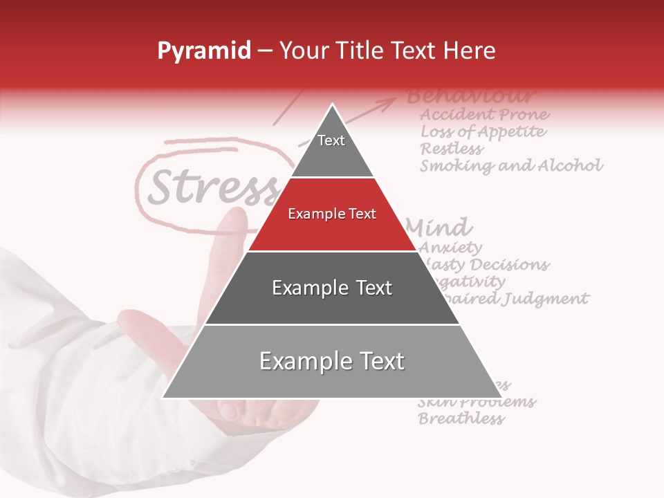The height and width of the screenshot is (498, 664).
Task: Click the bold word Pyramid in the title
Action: [x=203, y=50]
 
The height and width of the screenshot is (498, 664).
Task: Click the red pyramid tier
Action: [x=332, y=214]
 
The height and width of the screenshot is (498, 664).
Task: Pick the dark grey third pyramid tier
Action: [x=332, y=288]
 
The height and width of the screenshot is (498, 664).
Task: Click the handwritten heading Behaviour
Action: [x=470, y=95]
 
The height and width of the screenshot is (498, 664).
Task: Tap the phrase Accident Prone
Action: [x=485, y=114]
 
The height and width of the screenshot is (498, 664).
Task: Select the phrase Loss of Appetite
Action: [x=483, y=131]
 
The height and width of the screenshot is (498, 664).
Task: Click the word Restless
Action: [x=452, y=148]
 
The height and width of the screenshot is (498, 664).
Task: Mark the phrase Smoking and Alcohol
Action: [x=511, y=165]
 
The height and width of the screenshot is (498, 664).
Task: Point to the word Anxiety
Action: [x=451, y=247]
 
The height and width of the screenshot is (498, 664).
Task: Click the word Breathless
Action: [x=461, y=418]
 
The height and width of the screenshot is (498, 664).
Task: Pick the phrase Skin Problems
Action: [x=477, y=402]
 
